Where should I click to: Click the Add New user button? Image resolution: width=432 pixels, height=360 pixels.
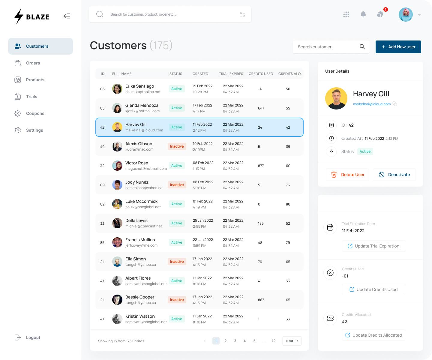(x=398, y=47)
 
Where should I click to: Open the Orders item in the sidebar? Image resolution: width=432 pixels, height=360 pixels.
(x=33, y=63)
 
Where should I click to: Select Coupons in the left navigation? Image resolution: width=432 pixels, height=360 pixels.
(x=35, y=113)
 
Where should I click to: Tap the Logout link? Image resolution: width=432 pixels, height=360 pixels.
(x=33, y=337)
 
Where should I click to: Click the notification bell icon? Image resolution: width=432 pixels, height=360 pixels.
(x=363, y=14)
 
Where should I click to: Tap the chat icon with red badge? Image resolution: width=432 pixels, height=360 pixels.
(x=380, y=14)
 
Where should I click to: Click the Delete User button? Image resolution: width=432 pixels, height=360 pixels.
(x=347, y=175)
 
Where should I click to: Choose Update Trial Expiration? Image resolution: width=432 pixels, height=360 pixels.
(x=373, y=246)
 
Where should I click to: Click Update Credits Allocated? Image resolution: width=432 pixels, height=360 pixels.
(x=373, y=335)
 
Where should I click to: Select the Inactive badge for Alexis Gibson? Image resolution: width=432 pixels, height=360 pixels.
(x=177, y=146)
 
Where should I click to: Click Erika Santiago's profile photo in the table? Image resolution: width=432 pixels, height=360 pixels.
(x=117, y=89)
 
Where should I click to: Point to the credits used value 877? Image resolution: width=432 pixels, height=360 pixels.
(x=261, y=166)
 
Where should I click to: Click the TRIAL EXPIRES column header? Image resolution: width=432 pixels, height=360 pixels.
(x=231, y=74)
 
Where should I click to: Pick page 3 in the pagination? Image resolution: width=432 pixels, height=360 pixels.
(x=235, y=341)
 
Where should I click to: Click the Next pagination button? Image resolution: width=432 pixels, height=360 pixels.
(x=292, y=341)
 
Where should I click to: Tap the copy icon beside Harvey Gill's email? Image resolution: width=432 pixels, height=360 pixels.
(x=395, y=104)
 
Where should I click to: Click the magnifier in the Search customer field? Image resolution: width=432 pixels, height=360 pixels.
(x=362, y=47)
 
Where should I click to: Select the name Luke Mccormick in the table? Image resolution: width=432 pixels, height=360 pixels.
(x=141, y=201)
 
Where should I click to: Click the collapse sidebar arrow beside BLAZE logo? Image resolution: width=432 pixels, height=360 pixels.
(x=67, y=16)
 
